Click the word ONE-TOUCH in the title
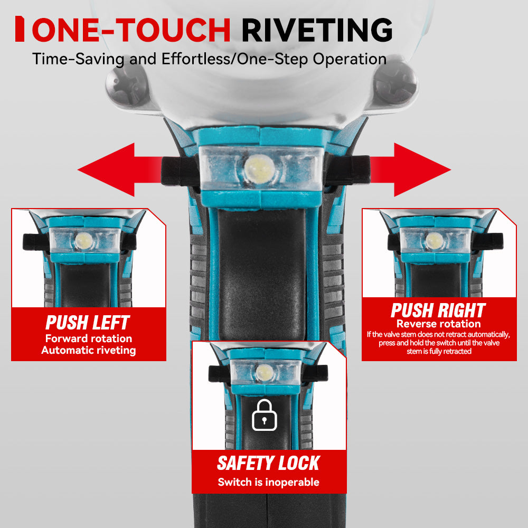point(131,30)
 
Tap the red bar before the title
point(20,29)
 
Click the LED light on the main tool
point(259,168)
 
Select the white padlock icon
point(265,415)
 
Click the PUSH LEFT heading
point(88,323)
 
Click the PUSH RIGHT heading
point(438,310)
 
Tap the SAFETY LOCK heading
point(268,463)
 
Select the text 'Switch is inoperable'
point(268,482)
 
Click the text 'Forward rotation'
point(89,338)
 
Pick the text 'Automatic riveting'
point(89,350)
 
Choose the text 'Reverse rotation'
point(438,324)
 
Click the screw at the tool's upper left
point(127,85)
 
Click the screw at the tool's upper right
point(394,83)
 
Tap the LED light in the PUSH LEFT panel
point(83,241)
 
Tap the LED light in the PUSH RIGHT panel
point(435,241)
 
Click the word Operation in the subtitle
point(350,59)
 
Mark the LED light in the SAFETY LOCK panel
point(265,373)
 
